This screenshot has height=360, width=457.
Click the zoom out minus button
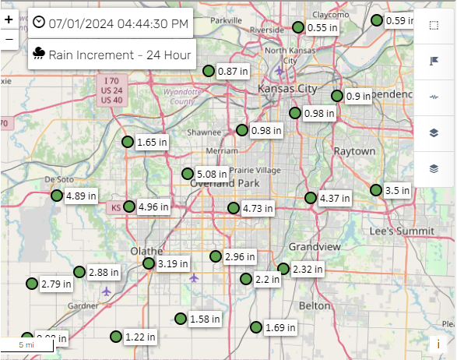(9, 39)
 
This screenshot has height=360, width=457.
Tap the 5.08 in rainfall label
(212, 174)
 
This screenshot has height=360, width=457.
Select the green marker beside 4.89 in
(57, 196)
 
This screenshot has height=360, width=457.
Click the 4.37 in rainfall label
(335, 198)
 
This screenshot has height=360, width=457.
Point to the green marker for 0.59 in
(378, 20)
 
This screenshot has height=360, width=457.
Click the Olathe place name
(147, 251)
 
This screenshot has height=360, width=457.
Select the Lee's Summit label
(402, 231)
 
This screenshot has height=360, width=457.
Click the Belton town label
(315, 306)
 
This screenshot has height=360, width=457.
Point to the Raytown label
(354, 150)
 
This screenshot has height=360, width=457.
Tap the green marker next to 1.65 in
(128, 142)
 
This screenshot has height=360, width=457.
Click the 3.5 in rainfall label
(397, 190)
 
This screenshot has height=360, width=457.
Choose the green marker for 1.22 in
(116, 337)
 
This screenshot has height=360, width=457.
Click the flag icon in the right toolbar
(434, 61)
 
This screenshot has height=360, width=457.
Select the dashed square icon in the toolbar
(434, 26)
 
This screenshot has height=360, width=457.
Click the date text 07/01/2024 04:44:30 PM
(118, 23)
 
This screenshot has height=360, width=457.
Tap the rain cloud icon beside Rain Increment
(38, 54)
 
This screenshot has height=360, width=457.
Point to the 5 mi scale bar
(26, 344)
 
